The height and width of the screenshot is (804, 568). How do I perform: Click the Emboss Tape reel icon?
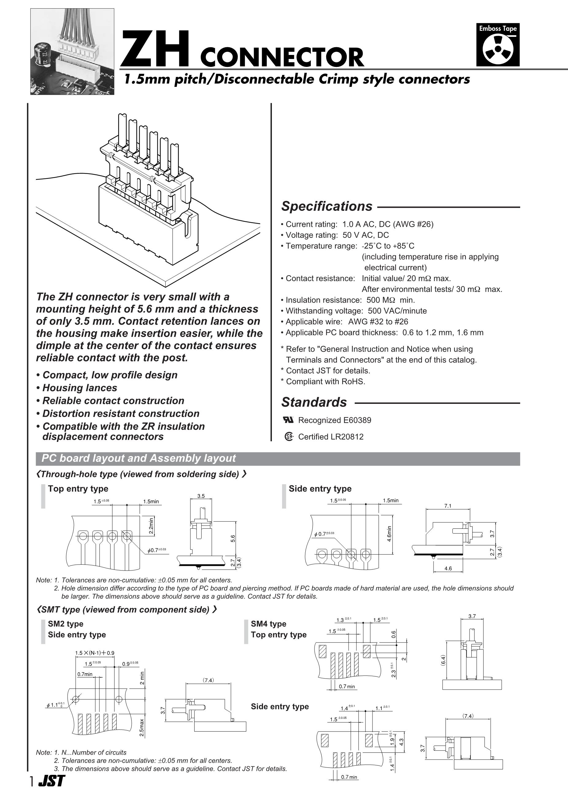click(x=498, y=49)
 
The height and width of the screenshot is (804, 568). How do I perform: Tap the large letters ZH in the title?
click(x=156, y=49)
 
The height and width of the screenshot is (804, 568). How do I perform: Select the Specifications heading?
click(x=327, y=206)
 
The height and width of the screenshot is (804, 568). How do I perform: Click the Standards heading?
click(x=314, y=402)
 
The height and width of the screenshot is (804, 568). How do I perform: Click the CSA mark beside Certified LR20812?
click(x=288, y=437)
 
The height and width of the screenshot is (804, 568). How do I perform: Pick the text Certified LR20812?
click(x=330, y=437)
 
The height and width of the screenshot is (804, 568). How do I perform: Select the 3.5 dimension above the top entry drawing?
click(x=201, y=496)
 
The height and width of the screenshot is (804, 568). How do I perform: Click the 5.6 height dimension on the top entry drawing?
click(x=233, y=539)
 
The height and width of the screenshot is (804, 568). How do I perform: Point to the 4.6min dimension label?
click(x=389, y=534)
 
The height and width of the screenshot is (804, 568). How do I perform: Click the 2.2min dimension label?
click(x=151, y=526)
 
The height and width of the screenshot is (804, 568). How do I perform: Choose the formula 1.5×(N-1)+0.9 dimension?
click(x=95, y=653)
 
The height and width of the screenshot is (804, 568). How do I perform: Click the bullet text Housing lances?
click(x=79, y=388)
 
